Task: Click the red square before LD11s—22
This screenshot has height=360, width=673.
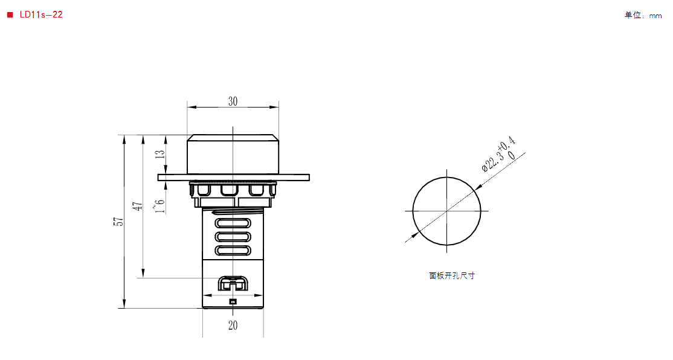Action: [x=10, y=15]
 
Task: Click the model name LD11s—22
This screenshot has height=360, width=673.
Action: [x=41, y=14]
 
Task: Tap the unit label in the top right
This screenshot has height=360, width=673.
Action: [x=643, y=16]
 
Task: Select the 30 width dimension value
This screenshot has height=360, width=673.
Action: [x=233, y=101]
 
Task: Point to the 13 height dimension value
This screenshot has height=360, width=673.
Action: [x=159, y=155]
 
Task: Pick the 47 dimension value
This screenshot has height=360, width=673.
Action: [x=137, y=207]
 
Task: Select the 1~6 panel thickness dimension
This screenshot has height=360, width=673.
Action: [x=159, y=206]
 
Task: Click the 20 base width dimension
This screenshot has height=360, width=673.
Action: [x=233, y=325]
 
